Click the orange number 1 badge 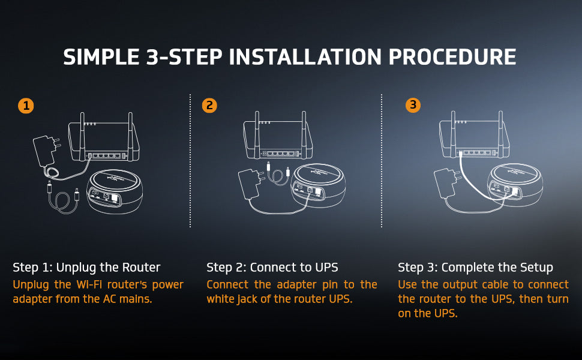pyautogui.click(x=26, y=106)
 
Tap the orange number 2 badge pyautogui.click(x=209, y=106)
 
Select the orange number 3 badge pyautogui.click(x=413, y=105)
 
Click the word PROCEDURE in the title pyautogui.click(x=452, y=57)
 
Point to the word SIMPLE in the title pyautogui.click(x=101, y=57)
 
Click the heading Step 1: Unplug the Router pyautogui.click(x=86, y=267)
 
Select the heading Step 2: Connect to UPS pyautogui.click(x=272, y=267)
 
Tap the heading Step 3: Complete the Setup pyautogui.click(x=475, y=267)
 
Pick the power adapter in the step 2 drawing pyautogui.click(x=251, y=184)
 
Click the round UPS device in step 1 pyautogui.click(x=115, y=191)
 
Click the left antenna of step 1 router pyautogui.click(x=82, y=136)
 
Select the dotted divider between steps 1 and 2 pyautogui.click(x=190, y=161)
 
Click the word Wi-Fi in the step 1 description pyautogui.click(x=89, y=284)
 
